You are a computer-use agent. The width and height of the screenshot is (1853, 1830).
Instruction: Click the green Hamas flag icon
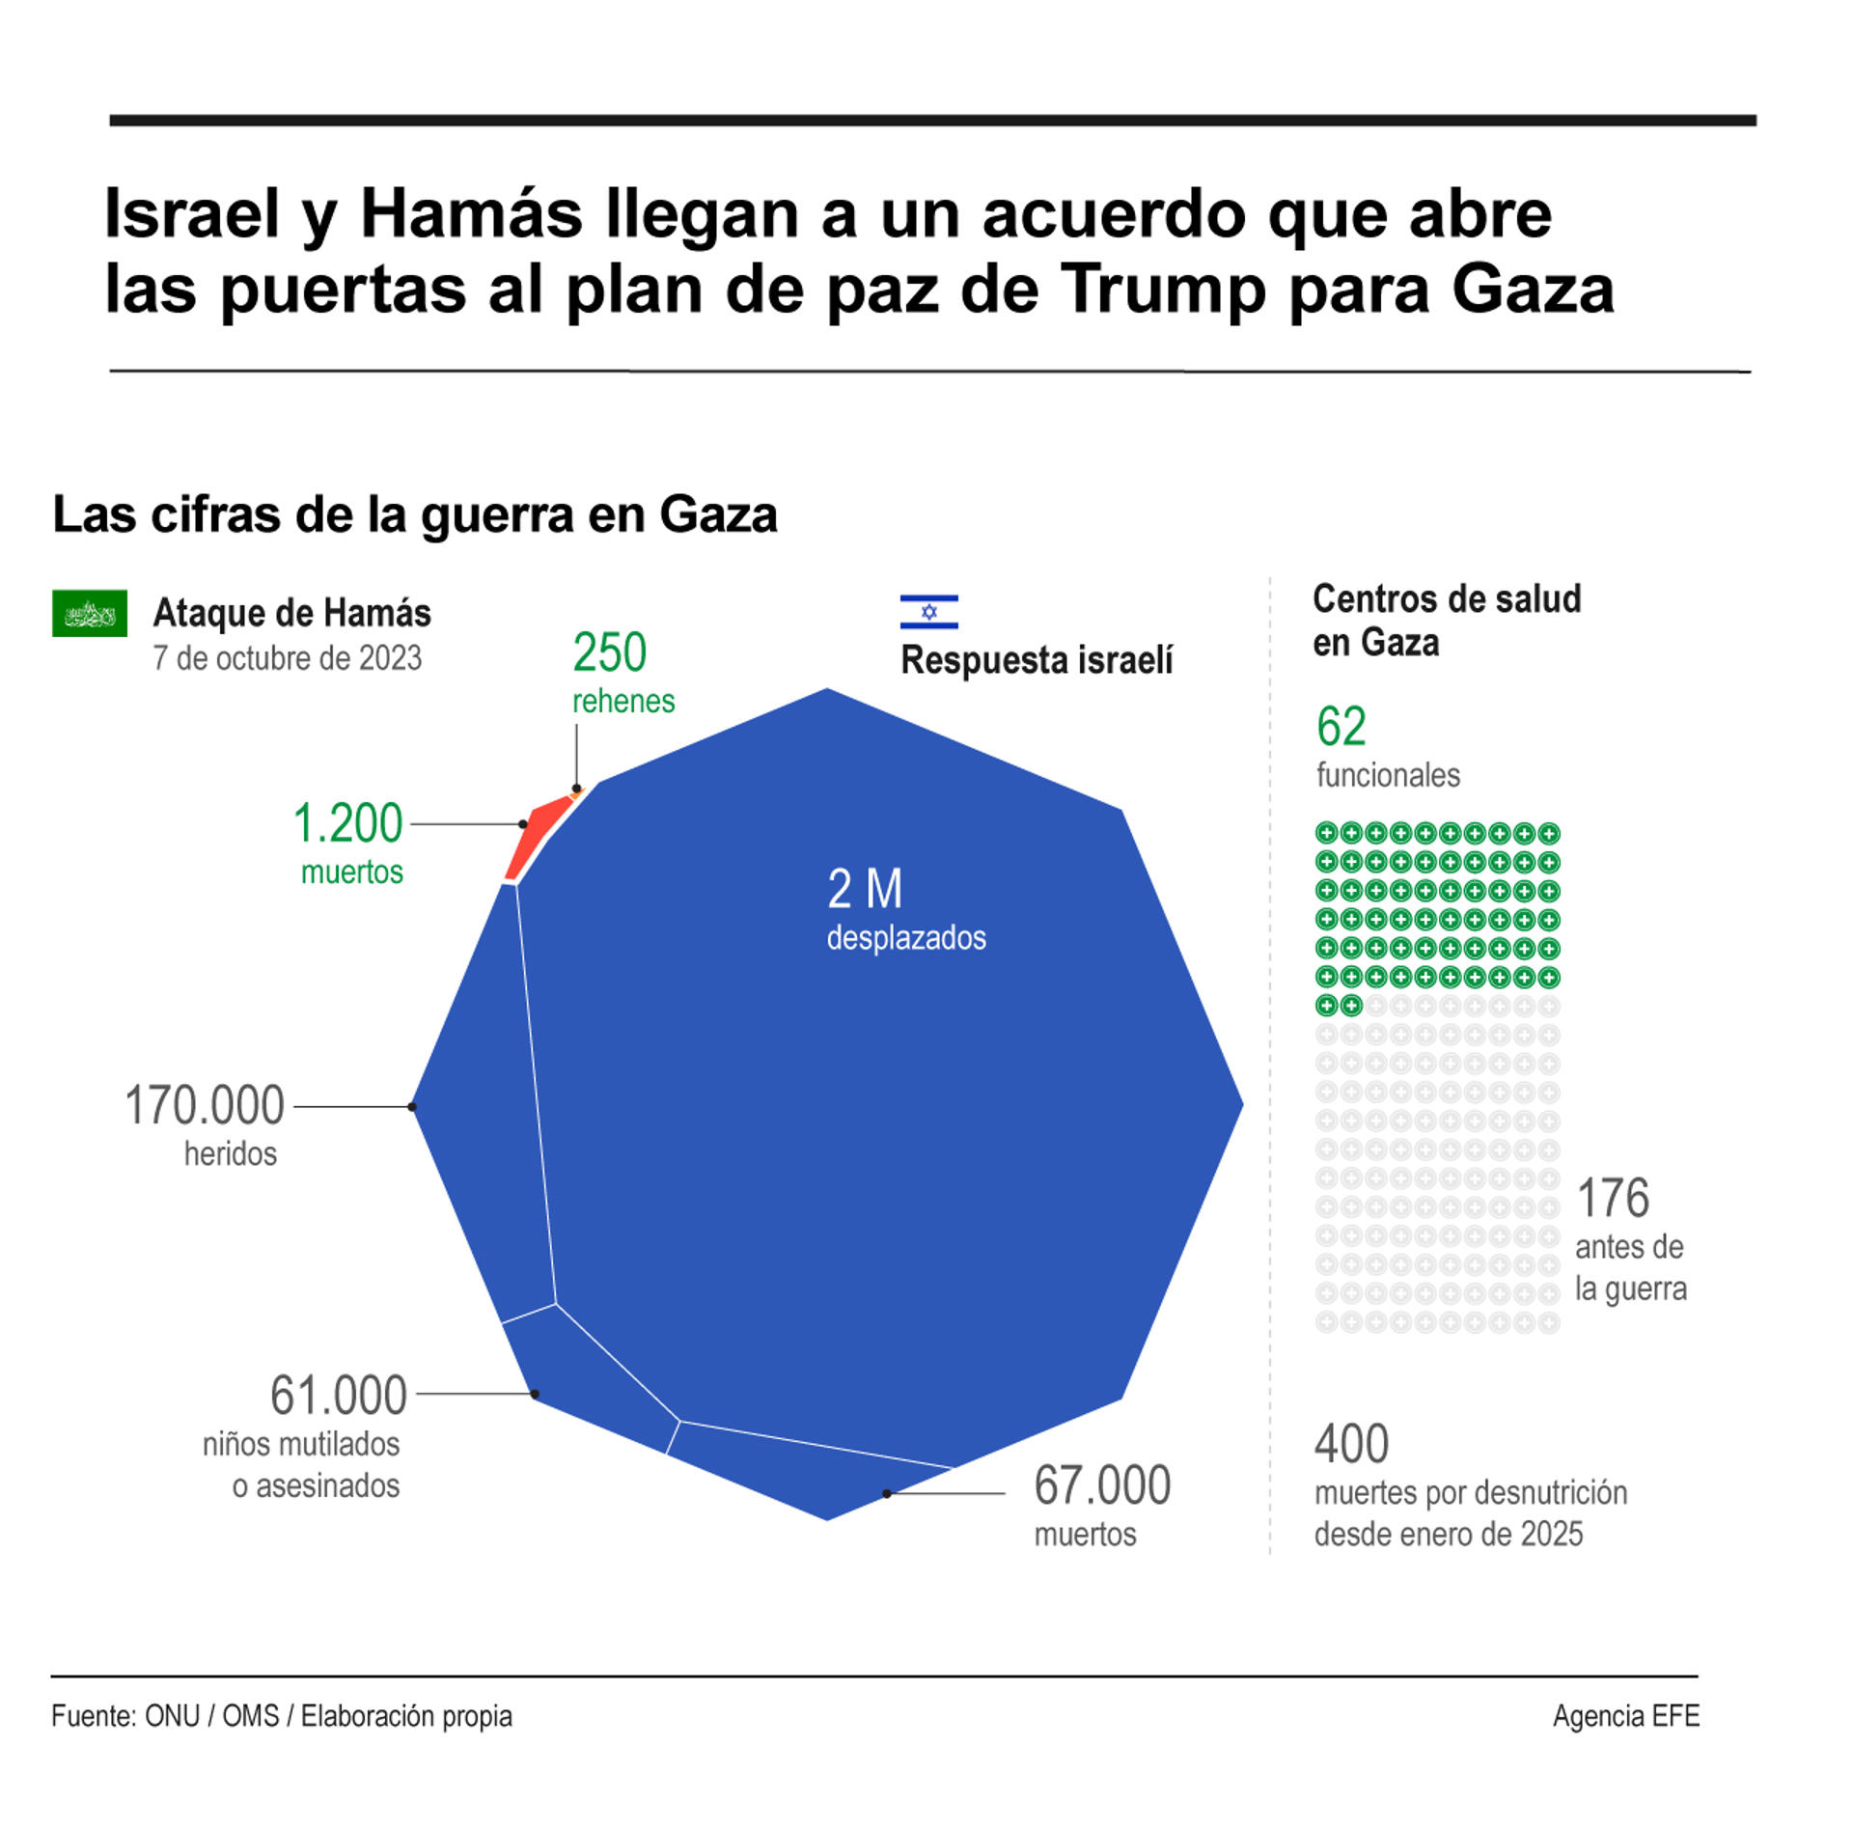(x=89, y=613)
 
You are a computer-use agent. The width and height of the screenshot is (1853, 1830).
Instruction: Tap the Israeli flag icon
(x=928, y=612)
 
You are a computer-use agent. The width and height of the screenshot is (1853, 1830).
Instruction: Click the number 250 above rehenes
(x=609, y=653)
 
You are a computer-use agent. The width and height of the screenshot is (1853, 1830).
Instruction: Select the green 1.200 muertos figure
(x=347, y=824)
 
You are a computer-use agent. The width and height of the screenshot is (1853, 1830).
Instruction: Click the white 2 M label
(x=865, y=889)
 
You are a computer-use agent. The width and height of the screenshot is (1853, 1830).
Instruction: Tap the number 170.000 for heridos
(x=205, y=1105)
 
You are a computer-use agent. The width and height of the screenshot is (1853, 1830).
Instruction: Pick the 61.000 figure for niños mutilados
(x=339, y=1395)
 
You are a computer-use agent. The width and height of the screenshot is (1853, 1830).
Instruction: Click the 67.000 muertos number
(x=1101, y=1484)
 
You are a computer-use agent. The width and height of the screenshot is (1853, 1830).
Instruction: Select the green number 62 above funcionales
(x=1341, y=727)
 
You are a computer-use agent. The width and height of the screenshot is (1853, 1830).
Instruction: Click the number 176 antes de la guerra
(x=1613, y=1199)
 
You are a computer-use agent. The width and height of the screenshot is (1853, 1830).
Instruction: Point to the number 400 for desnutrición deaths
(x=1351, y=1444)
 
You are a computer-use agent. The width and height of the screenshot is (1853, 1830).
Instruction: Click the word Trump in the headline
(x=1162, y=289)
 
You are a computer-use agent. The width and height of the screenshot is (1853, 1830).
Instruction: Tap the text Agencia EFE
(x=1625, y=1715)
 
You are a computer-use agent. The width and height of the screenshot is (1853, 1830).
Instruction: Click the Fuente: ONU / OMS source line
(x=281, y=1715)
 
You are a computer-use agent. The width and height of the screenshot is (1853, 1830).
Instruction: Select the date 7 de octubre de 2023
(x=287, y=658)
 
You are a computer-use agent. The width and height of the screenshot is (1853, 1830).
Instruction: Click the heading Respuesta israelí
(x=1036, y=660)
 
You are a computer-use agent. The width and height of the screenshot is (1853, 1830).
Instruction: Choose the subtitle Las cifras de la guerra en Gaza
(x=414, y=514)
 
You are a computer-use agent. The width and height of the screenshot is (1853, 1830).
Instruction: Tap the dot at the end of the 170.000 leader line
(x=413, y=1106)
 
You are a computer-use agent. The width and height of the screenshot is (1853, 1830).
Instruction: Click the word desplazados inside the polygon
(x=905, y=937)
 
